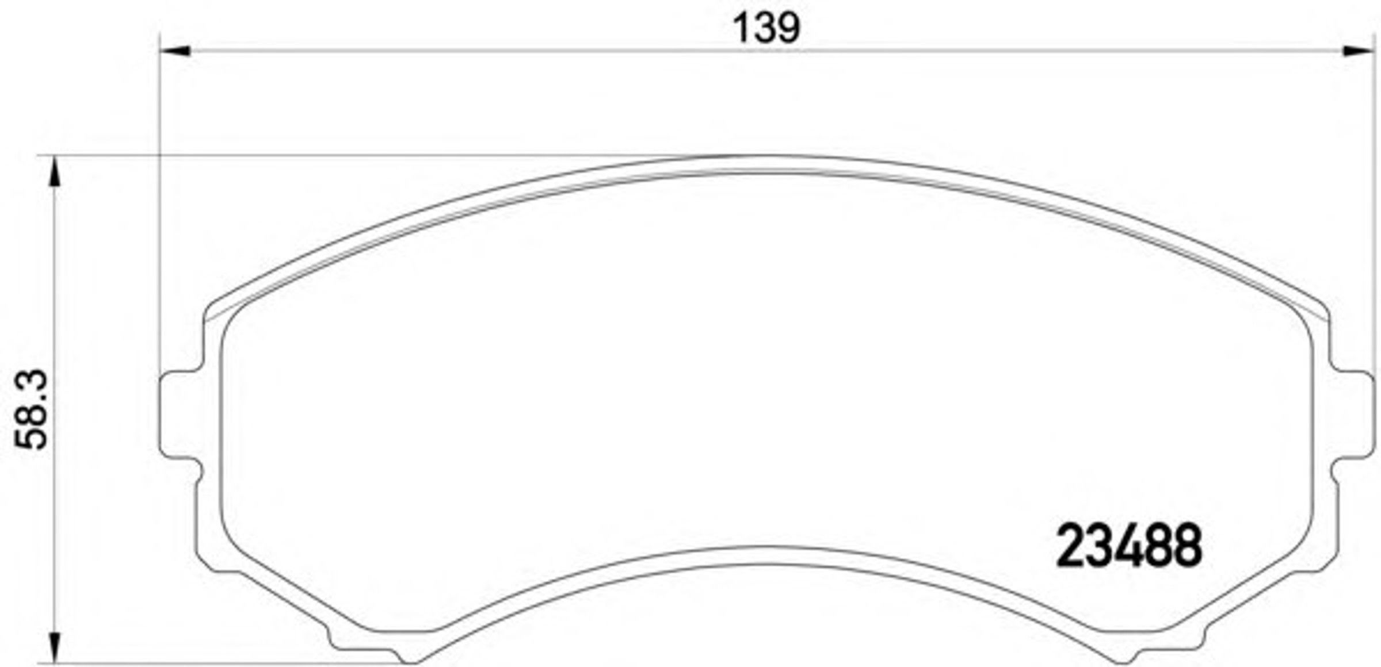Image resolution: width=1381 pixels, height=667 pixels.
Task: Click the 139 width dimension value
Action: click(x=766, y=29)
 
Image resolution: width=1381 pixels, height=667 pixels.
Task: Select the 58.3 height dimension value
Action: click(x=31, y=409)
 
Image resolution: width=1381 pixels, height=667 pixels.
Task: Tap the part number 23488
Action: click(x=1130, y=546)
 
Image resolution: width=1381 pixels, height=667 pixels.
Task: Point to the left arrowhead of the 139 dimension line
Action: click(x=175, y=51)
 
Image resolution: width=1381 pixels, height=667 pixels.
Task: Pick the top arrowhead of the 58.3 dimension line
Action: click(x=55, y=171)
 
